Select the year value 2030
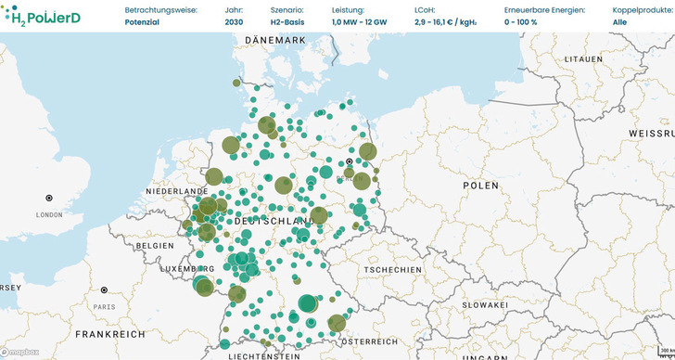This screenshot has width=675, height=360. tap(234, 21)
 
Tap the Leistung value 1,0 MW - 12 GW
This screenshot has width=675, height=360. tap(362, 21)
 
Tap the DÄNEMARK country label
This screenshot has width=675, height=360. tap(275, 41)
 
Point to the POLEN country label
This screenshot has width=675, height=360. tap(480, 186)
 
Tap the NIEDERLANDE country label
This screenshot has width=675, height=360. tap(173, 191)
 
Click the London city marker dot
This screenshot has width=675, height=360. tap(49, 198)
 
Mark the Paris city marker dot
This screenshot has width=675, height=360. tap(104, 290)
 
